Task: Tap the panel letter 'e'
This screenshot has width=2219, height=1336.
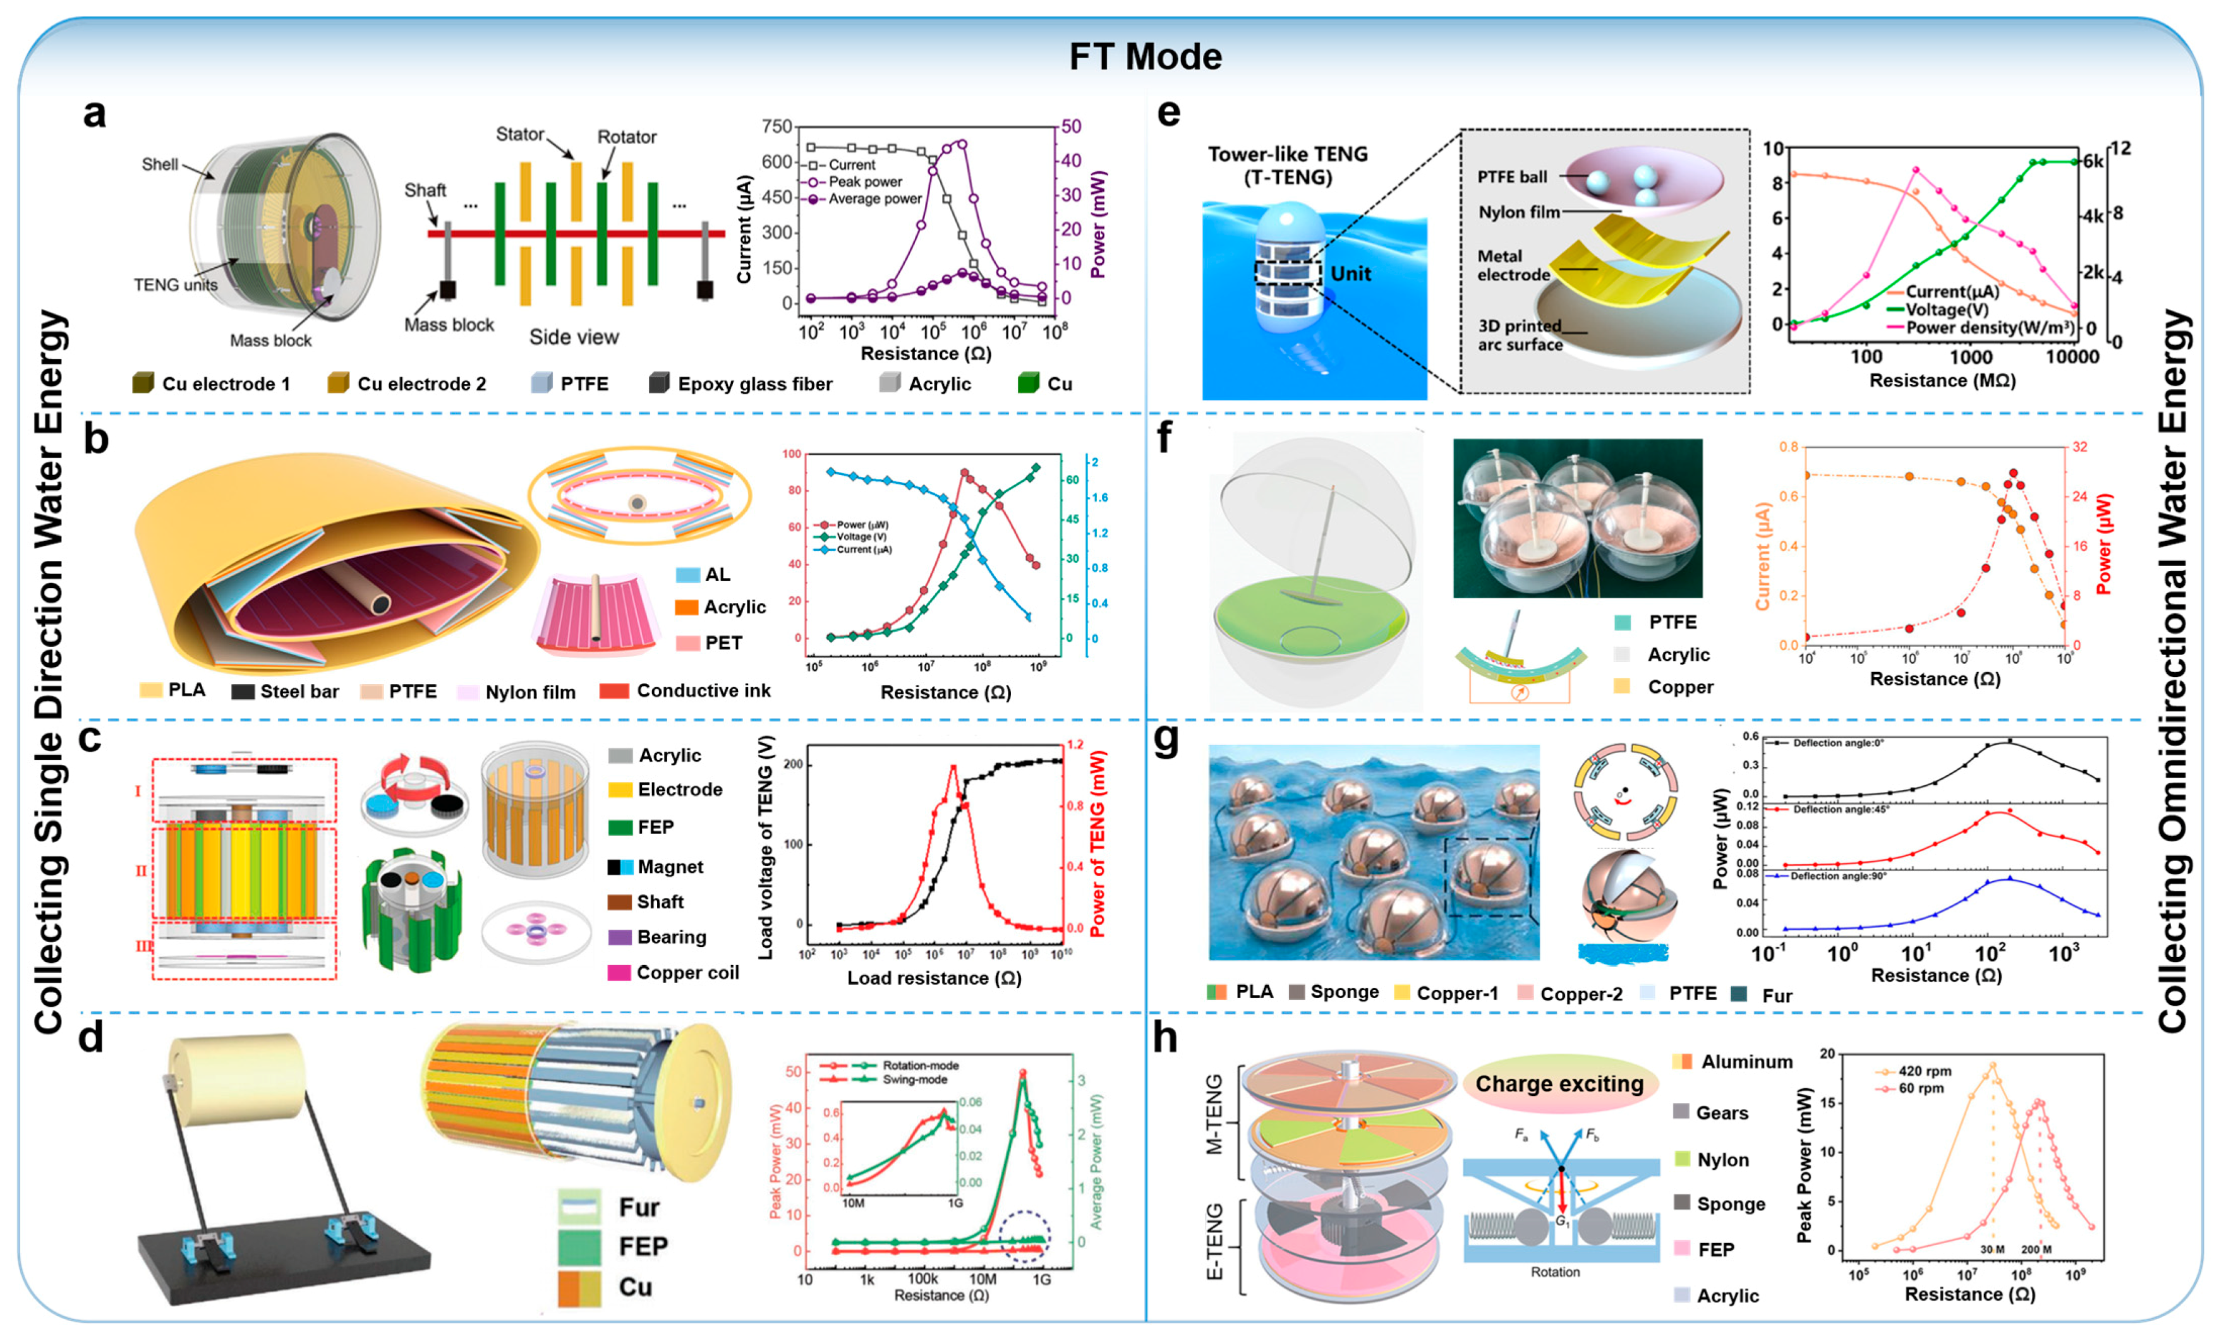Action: click(1168, 114)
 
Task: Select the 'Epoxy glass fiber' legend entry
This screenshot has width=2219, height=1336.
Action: click(754, 385)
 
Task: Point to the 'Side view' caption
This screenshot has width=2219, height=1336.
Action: click(574, 337)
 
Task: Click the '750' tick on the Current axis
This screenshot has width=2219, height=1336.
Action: click(776, 127)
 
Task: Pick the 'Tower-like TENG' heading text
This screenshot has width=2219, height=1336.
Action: click(1287, 155)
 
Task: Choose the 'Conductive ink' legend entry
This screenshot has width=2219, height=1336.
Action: click(703, 690)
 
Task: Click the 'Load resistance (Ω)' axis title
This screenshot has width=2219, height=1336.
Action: click(933, 978)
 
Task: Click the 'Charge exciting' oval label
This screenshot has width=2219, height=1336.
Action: click(1559, 1084)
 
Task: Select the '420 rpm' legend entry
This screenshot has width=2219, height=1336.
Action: click(1924, 1071)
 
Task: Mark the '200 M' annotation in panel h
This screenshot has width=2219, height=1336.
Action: click(2035, 1249)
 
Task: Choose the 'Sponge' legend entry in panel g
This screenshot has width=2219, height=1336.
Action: click(1344, 992)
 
